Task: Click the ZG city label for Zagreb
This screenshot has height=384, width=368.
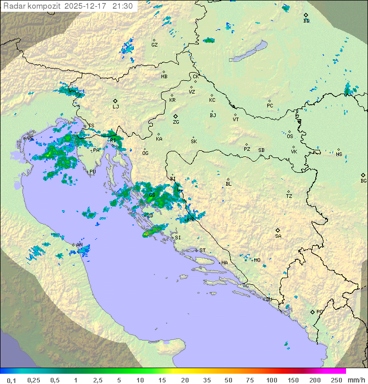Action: click(176, 122)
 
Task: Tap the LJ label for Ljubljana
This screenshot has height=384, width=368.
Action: click(116, 107)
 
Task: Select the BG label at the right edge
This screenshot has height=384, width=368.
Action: click(363, 180)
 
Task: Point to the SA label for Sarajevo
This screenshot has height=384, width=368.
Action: click(278, 236)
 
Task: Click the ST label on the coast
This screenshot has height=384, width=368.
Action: click(202, 250)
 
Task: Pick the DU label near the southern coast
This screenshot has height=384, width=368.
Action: click(268, 300)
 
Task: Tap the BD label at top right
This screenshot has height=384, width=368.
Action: click(306, 21)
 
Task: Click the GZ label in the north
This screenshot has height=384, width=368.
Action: click(154, 44)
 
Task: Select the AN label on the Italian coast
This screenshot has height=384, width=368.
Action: click(79, 245)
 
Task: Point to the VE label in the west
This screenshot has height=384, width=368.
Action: click(30, 139)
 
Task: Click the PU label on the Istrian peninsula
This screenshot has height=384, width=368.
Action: click(93, 172)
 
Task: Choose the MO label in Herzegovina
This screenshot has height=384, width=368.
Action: click(257, 260)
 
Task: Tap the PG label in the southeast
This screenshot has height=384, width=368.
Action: click(319, 311)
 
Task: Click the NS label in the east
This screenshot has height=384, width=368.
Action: click(339, 154)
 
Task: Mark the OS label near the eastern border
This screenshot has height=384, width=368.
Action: click(290, 137)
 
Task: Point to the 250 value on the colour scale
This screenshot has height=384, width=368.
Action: click(336, 380)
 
